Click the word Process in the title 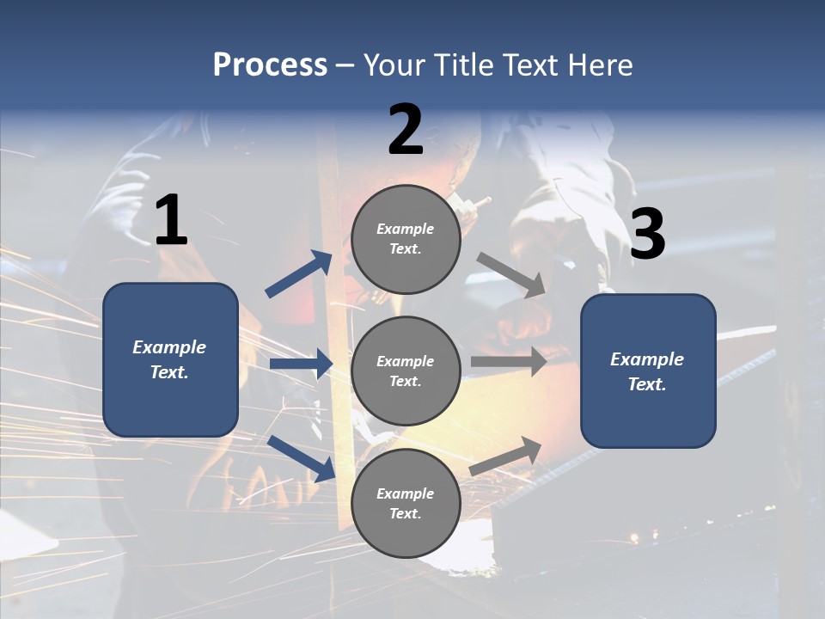pos(270,65)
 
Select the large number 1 pos(171,221)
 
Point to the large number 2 pos(406,130)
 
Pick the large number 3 pos(647,236)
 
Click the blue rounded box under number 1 pos(170,359)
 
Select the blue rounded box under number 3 pos(648,371)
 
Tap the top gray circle pos(406,240)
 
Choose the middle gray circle pos(406,371)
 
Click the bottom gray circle pos(406,503)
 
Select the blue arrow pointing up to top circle pos(299,274)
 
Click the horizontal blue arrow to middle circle pos(301,365)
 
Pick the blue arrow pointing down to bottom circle pos(302,458)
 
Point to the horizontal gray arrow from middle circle pos(509,361)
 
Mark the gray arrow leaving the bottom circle pos(506,457)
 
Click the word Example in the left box pos(169,347)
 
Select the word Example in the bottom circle pos(405,493)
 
